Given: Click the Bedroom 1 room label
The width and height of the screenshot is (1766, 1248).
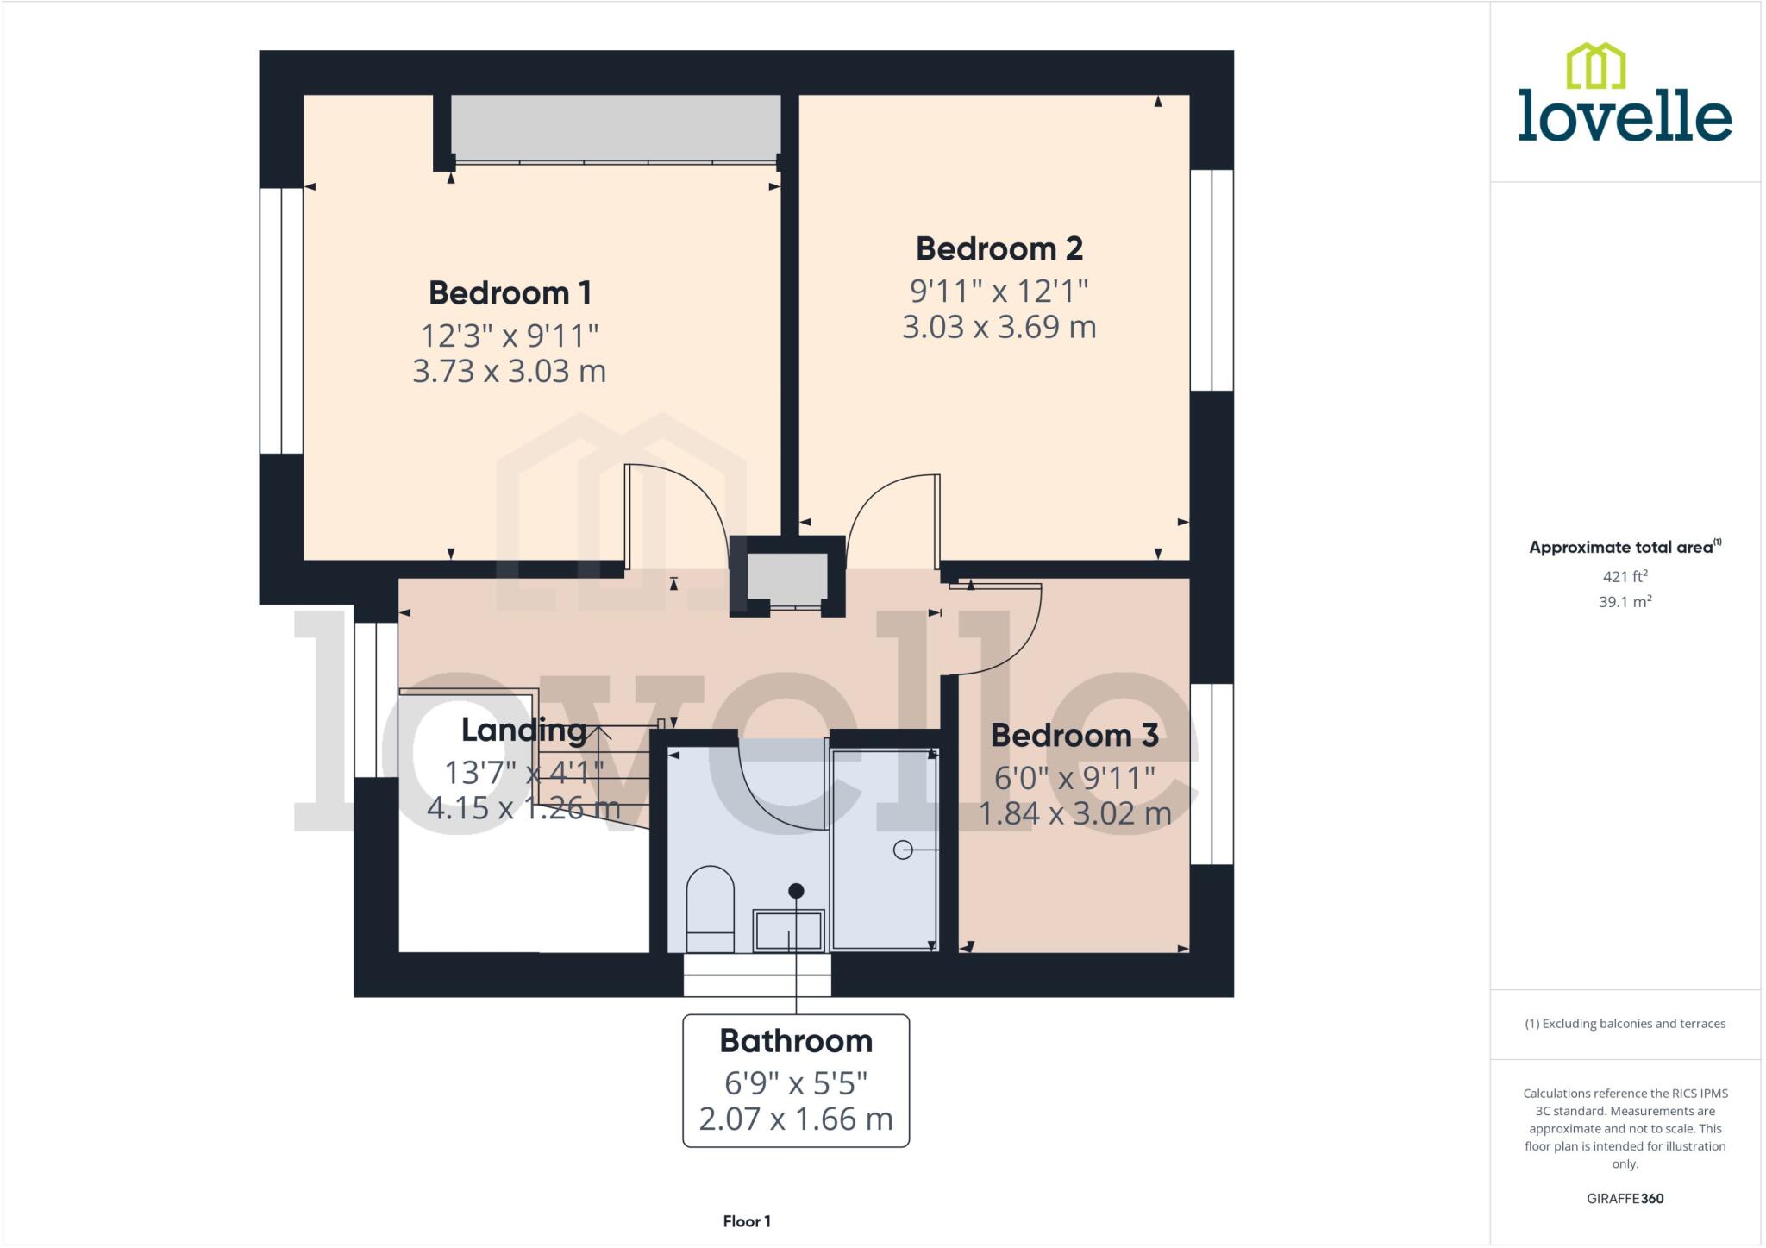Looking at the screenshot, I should (x=510, y=293).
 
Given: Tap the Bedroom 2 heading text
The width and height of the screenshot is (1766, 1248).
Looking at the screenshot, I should (x=999, y=249).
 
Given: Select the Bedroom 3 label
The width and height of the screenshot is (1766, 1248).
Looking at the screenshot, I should (x=1074, y=736).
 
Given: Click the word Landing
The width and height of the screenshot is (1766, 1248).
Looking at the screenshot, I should (x=523, y=731).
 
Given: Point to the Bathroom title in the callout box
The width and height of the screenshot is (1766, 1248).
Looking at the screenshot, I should (x=796, y=1041).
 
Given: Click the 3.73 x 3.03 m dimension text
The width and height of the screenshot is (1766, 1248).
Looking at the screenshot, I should (x=510, y=372).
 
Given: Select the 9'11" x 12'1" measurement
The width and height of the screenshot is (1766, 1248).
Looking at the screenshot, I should (x=999, y=292).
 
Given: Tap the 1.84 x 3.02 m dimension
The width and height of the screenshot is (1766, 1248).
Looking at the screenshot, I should (x=1074, y=813).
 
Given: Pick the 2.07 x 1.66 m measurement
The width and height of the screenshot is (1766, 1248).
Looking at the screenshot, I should (x=796, y=1119).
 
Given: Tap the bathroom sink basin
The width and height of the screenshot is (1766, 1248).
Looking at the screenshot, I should (x=788, y=931).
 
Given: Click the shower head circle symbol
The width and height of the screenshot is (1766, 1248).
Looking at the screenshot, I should (x=902, y=850).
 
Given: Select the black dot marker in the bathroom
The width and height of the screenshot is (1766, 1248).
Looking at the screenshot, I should (x=796, y=891).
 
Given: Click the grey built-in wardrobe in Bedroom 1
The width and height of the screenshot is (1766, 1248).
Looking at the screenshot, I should (x=616, y=128).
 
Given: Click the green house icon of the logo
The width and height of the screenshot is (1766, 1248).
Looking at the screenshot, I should (x=1595, y=66).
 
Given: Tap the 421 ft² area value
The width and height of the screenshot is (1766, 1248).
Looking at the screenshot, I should (x=1625, y=576).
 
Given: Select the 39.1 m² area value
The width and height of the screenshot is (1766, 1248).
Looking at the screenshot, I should (x=1625, y=602).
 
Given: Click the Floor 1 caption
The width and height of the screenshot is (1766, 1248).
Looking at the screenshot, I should (x=747, y=1221).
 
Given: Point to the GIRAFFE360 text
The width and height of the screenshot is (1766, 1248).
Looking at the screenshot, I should (x=1625, y=1198).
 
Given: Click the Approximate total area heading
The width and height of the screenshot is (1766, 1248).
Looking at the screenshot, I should (x=1621, y=548).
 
